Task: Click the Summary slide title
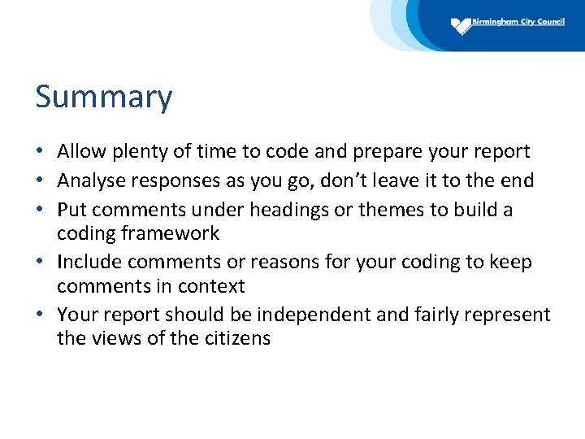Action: (x=104, y=98)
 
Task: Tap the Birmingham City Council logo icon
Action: (x=461, y=25)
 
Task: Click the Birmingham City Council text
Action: (x=518, y=22)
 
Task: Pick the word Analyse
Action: (x=89, y=180)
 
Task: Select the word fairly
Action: (x=423, y=315)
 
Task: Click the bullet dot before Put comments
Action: (x=41, y=211)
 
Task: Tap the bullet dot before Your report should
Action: (x=41, y=315)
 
